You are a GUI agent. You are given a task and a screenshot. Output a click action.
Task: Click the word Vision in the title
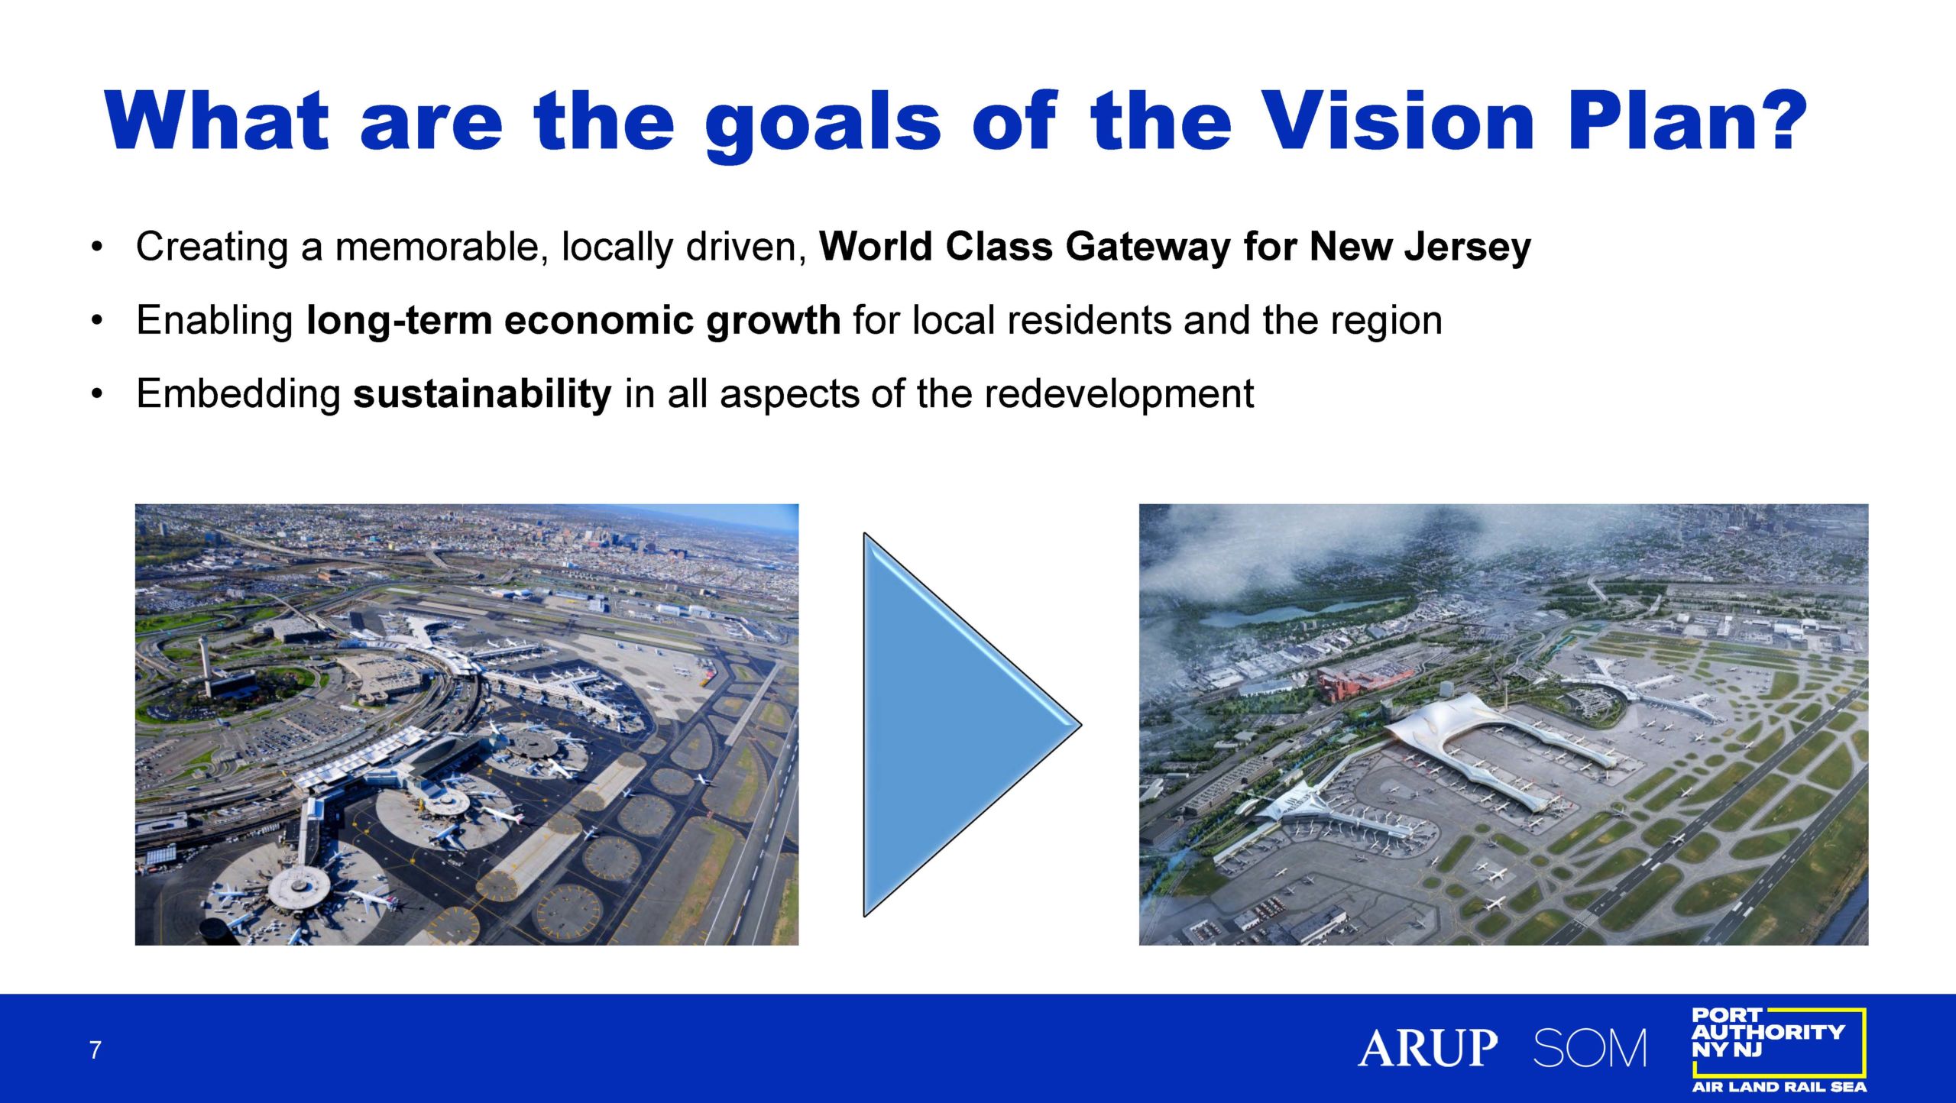point(1397,121)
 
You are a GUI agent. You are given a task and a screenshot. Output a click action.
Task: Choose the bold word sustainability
point(482,394)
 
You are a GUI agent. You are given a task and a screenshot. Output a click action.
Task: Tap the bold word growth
point(773,321)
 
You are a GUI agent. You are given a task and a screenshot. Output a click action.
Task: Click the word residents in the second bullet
point(1089,320)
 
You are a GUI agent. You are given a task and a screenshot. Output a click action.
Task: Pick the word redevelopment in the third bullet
point(1119,395)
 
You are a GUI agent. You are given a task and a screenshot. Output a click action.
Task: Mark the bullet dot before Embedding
point(96,395)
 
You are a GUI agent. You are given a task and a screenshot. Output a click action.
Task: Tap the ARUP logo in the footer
point(1427,1048)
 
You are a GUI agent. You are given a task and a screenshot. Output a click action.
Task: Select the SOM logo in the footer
point(1590,1048)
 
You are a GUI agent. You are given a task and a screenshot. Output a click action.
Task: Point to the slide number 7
point(95,1050)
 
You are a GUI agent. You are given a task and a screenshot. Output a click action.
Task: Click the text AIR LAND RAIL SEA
point(1780,1087)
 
